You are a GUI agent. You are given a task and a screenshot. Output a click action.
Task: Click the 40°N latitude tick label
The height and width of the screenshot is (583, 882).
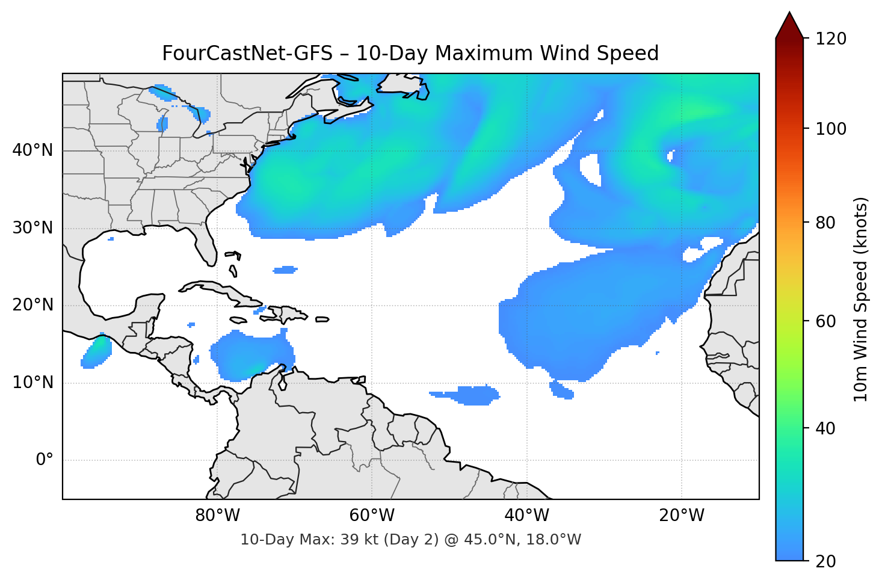(32, 150)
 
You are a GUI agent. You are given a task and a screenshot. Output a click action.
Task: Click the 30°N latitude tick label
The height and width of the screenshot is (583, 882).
(32, 228)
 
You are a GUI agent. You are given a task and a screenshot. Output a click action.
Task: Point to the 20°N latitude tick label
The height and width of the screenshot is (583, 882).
(32, 305)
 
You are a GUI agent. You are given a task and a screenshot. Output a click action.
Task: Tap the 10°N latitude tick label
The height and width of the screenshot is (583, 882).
(32, 383)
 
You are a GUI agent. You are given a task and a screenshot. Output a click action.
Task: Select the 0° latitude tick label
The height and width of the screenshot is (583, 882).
(45, 460)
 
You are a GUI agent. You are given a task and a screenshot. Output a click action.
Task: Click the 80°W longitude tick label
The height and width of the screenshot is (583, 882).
(218, 516)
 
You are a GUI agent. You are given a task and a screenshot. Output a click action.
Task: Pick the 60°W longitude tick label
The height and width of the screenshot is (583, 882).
(372, 516)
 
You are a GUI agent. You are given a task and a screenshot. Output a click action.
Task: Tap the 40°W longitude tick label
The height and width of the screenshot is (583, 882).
(527, 516)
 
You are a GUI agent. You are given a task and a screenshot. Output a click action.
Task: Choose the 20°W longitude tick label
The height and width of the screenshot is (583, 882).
(682, 516)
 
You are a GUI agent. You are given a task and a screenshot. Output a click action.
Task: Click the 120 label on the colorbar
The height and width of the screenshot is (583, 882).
(831, 39)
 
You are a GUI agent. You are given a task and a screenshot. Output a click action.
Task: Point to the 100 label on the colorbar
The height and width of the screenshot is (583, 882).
(831, 129)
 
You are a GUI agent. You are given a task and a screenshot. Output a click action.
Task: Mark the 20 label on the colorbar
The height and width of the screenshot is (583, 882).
(825, 561)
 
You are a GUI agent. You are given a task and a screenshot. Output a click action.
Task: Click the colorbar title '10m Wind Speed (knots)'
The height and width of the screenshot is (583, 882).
(861, 300)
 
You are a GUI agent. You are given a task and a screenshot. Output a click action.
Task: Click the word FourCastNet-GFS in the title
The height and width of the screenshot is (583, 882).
(247, 54)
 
